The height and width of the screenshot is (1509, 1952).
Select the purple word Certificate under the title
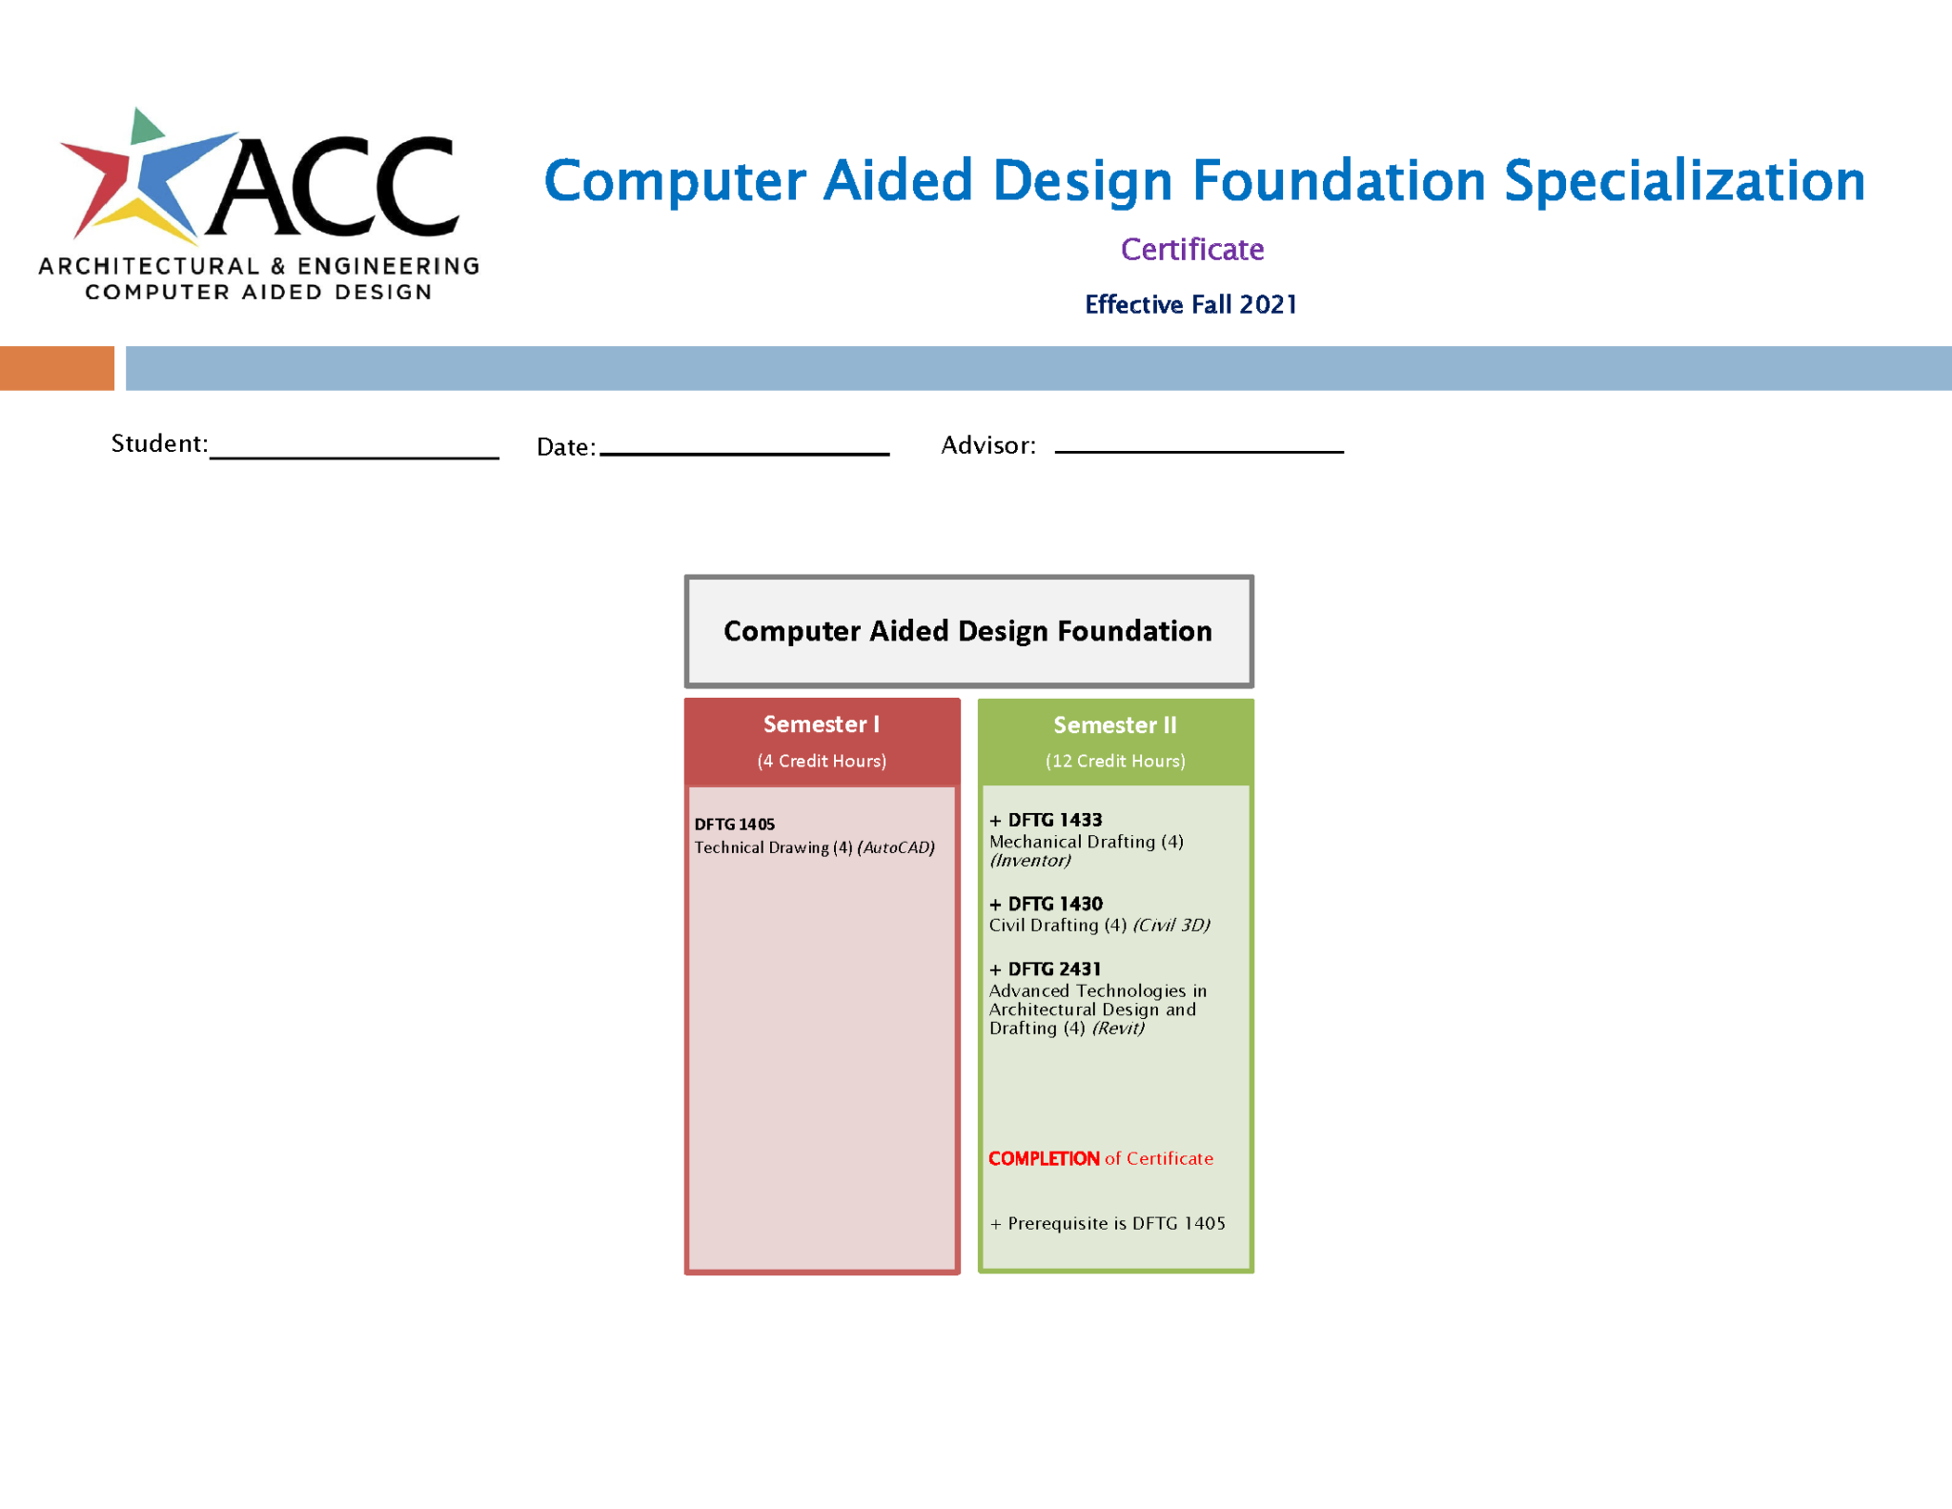[x=1191, y=250]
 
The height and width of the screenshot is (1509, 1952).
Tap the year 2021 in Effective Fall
[x=1268, y=305]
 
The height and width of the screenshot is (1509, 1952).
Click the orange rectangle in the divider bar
[x=56, y=368]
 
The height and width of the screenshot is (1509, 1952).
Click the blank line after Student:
[x=354, y=450]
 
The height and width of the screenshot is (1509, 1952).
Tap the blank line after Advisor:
[x=1199, y=444]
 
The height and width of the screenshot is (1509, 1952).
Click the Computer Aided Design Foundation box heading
[x=967, y=631]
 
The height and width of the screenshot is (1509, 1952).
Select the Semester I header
[x=821, y=724]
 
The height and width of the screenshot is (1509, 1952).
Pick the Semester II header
[x=1114, y=725]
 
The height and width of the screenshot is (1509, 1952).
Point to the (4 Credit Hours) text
[x=822, y=761]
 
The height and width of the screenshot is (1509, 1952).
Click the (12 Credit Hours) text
[x=1115, y=761]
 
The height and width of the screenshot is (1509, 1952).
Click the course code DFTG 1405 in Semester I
[x=734, y=825]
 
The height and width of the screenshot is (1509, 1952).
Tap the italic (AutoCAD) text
[x=896, y=847]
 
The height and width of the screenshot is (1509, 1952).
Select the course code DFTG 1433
[x=1054, y=820]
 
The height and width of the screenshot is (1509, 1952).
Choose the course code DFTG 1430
[x=1054, y=904]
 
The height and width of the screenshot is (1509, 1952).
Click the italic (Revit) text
[x=1118, y=1029]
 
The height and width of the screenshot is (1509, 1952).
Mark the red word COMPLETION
[x=1044, y=1159]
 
